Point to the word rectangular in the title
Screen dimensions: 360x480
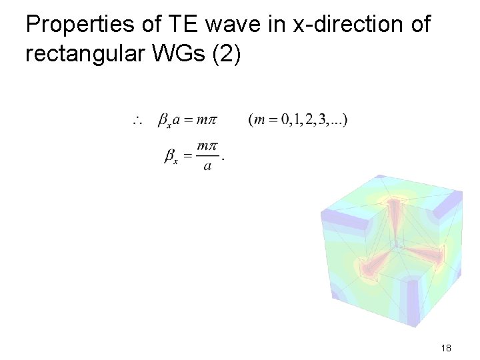point(89,53)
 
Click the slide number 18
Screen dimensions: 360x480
point(447,348)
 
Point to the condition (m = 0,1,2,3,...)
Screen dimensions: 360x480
point(297,121)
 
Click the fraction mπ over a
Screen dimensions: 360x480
point(208,155)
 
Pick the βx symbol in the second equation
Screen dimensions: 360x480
point(171,157)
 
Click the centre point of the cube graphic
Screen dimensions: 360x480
point(398,245)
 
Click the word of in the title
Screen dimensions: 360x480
point(418,25)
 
